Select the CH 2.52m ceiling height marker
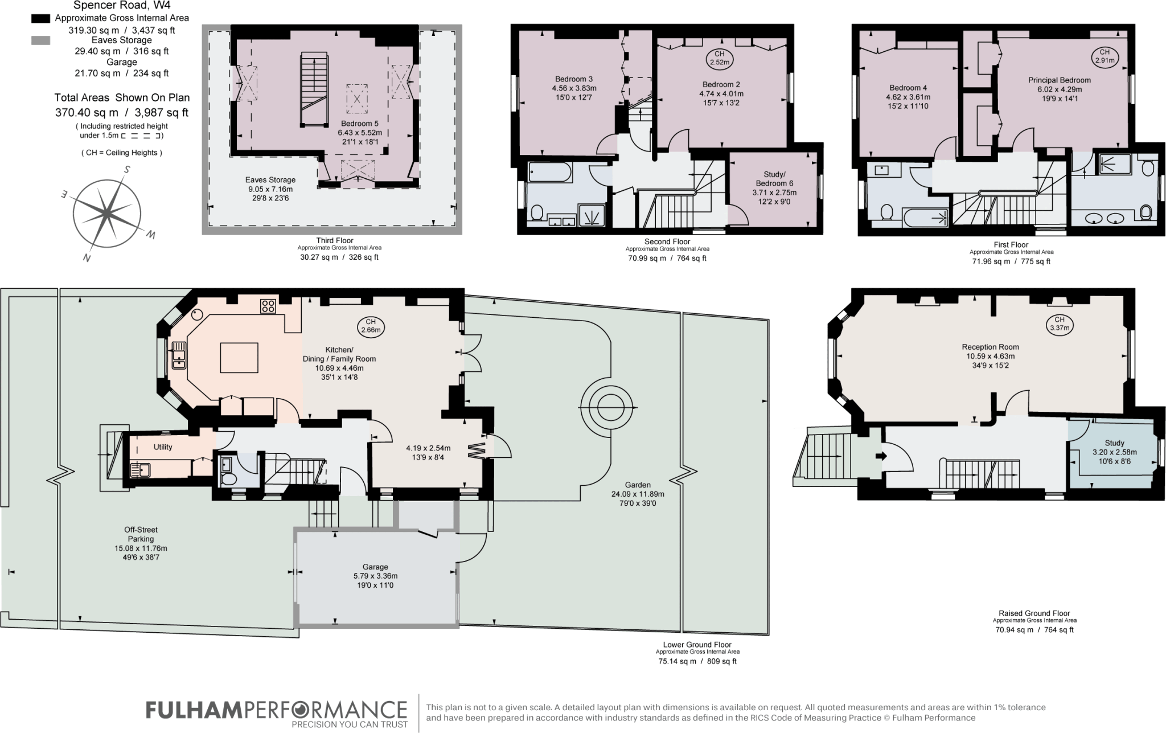point(720,58)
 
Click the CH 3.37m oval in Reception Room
point(1059,323)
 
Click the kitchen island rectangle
point(239,357)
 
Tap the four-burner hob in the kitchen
point(268,306)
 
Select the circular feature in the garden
point(608,408)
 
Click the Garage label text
point(375,567)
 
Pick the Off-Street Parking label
point(141,534)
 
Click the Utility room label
point(163,447)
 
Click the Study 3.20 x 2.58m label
point(1114,452)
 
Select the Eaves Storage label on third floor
point(270,180)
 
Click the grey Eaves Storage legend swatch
point(40,40)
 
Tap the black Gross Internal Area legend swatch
point(40,18)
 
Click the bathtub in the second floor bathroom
point(549,173)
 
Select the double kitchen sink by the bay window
point(179,354)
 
